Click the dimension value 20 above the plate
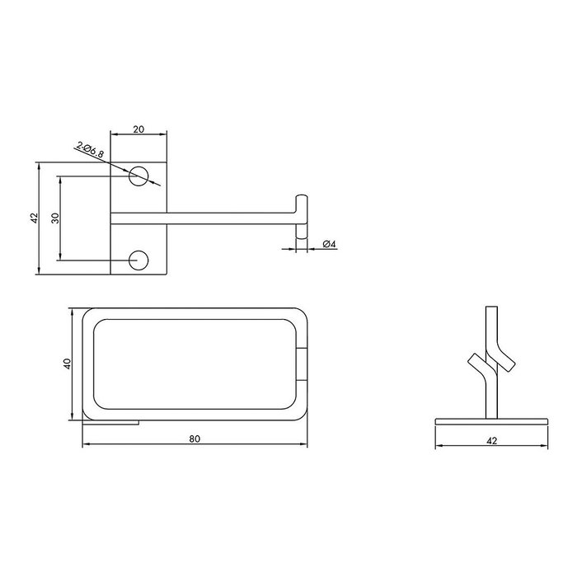tap(138, 129)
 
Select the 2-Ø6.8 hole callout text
tap(90, 150)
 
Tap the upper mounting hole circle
tap(138, 176)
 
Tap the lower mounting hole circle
tap(138, 260)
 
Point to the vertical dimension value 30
tap(55, 218)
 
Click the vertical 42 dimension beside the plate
tap(34, 218)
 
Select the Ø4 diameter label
tap(330, 244)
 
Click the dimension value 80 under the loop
tap(195, 439)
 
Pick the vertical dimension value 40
tap(67, 364)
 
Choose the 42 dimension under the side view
tap(491, 440)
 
